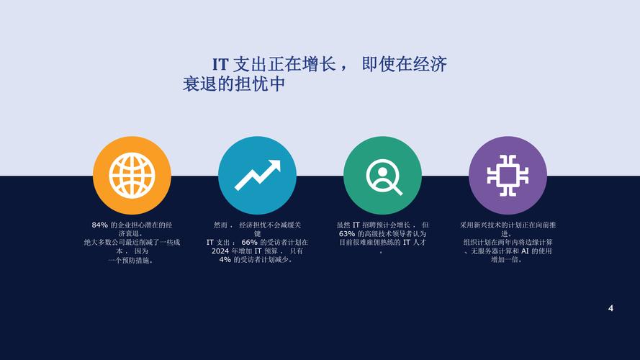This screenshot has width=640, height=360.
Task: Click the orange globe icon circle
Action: click(x=132, y=175)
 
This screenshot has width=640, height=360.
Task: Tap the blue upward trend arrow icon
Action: click(x=257, y=175)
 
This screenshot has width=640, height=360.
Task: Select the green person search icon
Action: click(x=382, y=175)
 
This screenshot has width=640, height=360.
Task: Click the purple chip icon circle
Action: click(x=508, y=175)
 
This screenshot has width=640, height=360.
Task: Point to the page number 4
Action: click(x=610, y=308)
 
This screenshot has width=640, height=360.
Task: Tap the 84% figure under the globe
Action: click(x=99, y=225)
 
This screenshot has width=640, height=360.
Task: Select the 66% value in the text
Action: click(x=249, y=243)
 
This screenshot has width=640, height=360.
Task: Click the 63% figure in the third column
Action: click(x=346, y=234)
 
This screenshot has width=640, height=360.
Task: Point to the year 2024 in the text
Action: click(x=220, y=251)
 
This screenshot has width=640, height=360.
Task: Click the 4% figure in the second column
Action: click(x=225, y=260)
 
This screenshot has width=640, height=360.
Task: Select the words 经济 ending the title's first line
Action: click(x=430, y=65)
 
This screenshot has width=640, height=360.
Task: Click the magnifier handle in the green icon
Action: click(x=395, y=189)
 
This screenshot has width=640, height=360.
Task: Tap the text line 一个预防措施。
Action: click(x=131, y=260)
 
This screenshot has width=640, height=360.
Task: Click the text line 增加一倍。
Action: click(x=508, y=260)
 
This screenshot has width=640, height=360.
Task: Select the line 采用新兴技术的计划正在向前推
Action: click(x=508, y=225)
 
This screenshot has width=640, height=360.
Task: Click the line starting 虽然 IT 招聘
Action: click(x=382, y=225)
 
